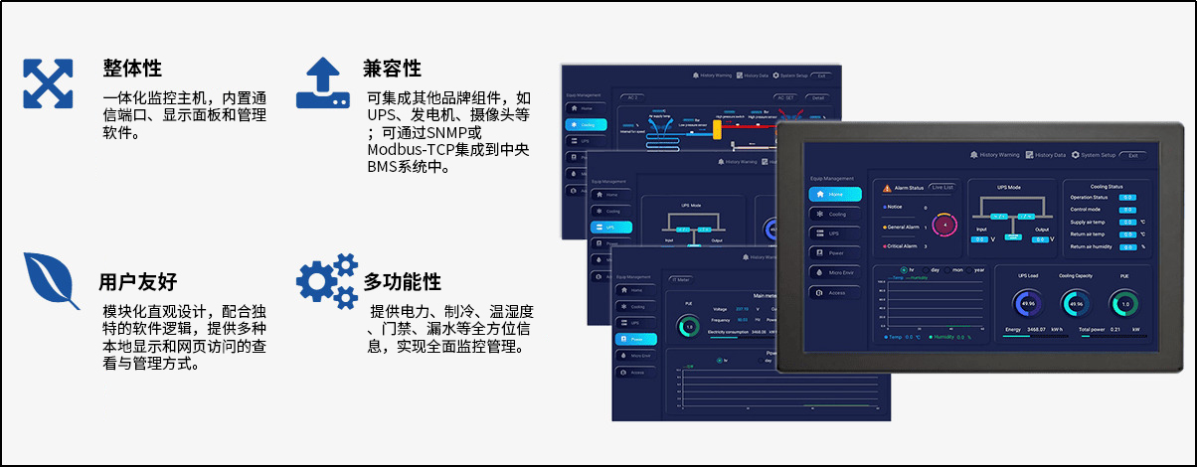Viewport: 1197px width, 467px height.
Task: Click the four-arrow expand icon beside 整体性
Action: (x=49, y=83)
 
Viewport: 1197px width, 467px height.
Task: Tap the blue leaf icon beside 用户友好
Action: (x=52, y=281)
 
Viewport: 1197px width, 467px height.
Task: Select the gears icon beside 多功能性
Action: (x=327, y=280)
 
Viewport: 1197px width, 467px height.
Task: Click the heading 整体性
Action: (x=131, y=69)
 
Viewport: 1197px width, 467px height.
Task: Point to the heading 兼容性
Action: (x=392, y=69)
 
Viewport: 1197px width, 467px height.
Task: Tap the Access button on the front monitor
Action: (x=834, y=292)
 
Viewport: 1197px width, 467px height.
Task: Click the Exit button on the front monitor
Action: (x=1133, y=155)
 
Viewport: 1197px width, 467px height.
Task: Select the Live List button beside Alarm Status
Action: (x=941, y=187)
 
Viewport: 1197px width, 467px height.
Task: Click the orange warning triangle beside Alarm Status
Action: (x=887, y=187)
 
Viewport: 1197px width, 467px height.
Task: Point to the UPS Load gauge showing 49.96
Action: (x=1027, y=303)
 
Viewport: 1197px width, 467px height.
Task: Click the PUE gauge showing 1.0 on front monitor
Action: (x=1124, y=303)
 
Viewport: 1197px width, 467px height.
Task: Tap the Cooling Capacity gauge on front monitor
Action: (x=1076, y=303)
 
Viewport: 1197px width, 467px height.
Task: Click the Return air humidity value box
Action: (x=1127, y=245)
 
